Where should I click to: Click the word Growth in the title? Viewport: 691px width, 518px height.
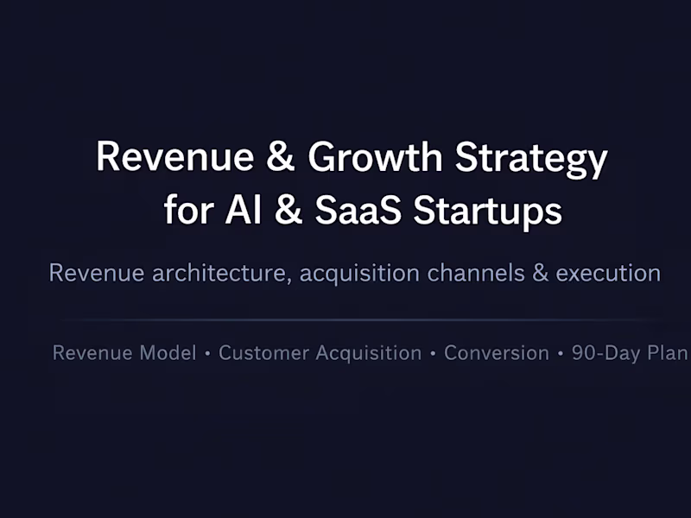point(375,158)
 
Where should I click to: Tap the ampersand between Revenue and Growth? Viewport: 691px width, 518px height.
point(280,158)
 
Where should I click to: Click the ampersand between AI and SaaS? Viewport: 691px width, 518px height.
point(288,211)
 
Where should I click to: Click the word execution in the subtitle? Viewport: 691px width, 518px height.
point(608,274)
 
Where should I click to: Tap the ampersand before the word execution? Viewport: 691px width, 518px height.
point(541,274)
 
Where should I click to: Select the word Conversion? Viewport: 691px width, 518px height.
point(496,353)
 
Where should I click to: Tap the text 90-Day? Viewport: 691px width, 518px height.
point(605,353)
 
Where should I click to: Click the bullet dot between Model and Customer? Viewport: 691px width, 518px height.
point(207,354)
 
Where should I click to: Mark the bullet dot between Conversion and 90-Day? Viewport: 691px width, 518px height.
point(560,354)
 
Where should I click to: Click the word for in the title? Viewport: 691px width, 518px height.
point(187,211)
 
